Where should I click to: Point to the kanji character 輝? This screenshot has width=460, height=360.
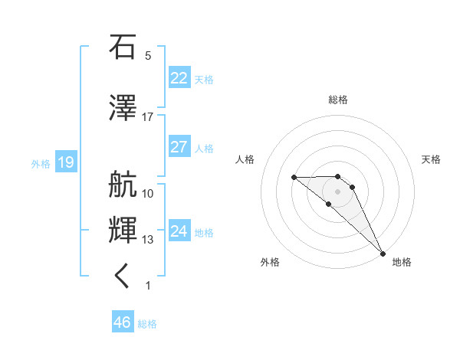tap(123, 230)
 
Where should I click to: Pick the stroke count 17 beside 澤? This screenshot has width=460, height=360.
tap(148, 117)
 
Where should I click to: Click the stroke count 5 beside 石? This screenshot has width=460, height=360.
tap(148, 56)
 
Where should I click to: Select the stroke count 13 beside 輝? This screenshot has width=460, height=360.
tap(148, 240)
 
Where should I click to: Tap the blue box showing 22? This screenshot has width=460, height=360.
tap(179, 78)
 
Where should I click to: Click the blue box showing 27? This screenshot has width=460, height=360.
tap(179, 147)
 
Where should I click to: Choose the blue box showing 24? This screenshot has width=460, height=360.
tap(179, 231)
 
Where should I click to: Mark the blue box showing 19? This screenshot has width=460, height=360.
tap(65, 162)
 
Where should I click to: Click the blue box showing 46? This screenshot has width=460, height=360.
tap(122, 322)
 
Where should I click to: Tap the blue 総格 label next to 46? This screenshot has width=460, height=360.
tap(147, 324)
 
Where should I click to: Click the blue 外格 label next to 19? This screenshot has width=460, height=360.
tap(40, 163)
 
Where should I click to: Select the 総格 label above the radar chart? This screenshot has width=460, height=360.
tap(338, 100)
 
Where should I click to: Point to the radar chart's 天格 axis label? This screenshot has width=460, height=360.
tap(432, 159)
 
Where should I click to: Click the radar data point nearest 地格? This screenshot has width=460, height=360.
tap(382, 254)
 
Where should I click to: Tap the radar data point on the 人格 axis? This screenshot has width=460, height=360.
tap(294, 178)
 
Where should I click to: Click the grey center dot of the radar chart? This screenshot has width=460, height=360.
tap(338, 191)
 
